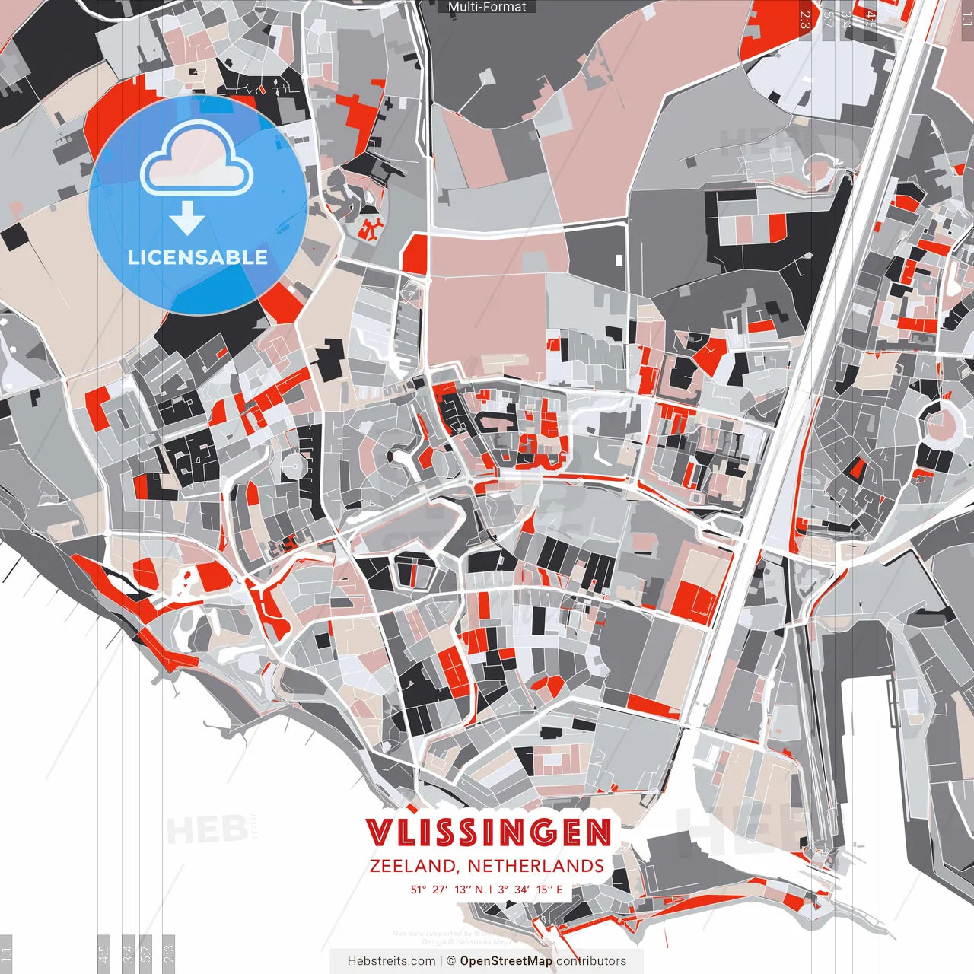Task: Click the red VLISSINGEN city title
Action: (488, 832)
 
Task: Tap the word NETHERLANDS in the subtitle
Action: (536, 866)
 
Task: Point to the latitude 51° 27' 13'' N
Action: (447, 889)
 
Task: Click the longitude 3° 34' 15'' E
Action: (531, 889)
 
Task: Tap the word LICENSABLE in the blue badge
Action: (197, 257)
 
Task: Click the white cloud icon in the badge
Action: (197, 158)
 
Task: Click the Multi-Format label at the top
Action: (487, 7)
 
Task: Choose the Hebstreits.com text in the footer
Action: (391, 961)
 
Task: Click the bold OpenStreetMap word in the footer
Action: (506, 961)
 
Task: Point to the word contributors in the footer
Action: (591, 961)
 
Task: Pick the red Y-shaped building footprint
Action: (372, 228)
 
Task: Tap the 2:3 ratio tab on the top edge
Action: (805, 19)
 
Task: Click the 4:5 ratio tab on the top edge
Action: (869, 19)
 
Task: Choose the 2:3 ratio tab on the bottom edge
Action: (169, 951)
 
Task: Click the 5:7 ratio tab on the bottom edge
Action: (145, 951)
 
